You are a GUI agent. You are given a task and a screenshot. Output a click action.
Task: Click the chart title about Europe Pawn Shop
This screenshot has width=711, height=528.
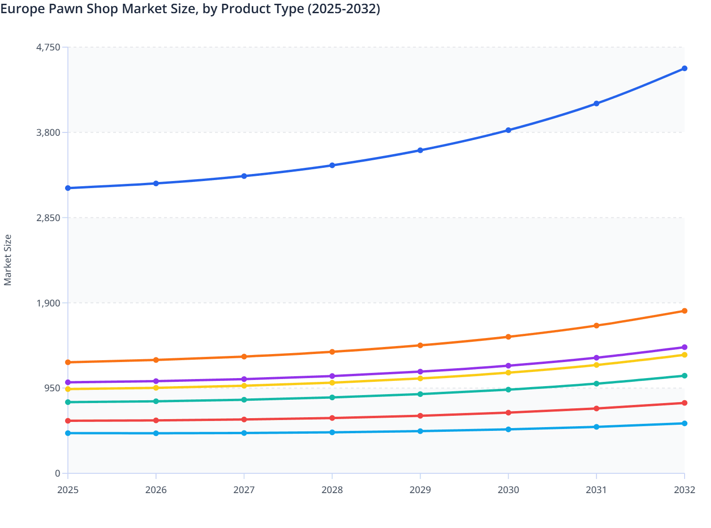click(x=190, y=9)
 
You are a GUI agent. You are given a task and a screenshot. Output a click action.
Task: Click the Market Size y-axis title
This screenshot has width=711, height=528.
click(x=8, y=260)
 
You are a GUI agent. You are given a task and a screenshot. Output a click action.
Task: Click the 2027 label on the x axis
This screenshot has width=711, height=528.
click(x=244, y=490)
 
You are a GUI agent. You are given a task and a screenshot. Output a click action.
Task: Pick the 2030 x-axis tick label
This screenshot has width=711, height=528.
click(x=508, y=490)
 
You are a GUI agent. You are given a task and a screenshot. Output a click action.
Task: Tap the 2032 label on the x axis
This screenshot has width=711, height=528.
click(x=684, y=490)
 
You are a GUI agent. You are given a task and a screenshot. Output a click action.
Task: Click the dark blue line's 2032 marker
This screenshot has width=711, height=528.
click(x=684, y=68)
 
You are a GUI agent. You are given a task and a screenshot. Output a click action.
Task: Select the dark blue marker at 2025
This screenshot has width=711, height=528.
click(x=68, y=188)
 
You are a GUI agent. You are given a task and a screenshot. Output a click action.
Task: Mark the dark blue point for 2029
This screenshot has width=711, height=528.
click(x=420, y=150)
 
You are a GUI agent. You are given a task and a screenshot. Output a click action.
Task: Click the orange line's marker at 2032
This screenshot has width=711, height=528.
click(x=684, y=311)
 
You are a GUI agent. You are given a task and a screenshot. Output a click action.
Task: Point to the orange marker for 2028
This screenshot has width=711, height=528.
click(x=332, y=352)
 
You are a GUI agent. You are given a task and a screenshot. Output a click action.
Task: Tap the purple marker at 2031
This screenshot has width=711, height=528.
click(x=596, y=358)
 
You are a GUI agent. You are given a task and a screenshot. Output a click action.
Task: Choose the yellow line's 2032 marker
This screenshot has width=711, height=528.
click(x=684, y=355)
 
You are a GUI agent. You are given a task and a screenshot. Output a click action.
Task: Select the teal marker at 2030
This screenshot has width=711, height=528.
click(x=508, y=390)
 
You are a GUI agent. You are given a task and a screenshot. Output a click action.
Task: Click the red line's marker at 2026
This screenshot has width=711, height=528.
click(x=156, y=421)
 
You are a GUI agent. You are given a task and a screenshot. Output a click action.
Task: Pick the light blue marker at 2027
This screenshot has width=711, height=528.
click(x=244, y=433)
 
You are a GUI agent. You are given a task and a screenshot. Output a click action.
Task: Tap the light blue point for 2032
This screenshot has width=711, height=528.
click(x=684, y=423)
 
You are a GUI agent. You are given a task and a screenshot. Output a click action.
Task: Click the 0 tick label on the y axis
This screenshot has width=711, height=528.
click(x=58, y=473)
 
